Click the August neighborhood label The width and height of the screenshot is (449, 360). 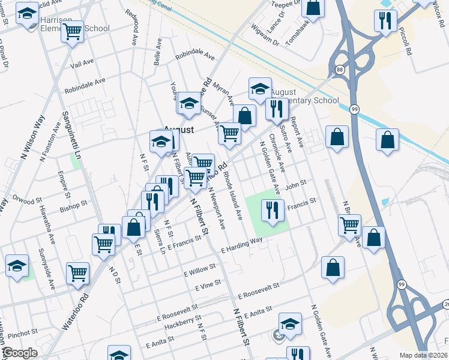[x=179, y=129]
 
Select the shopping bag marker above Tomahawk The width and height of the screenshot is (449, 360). [x=313, y=7]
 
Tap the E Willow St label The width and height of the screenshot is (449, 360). [x=200, y=271]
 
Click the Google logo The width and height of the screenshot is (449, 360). [x=20, y=353]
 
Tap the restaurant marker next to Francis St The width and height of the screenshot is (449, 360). [x=273, y=210]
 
